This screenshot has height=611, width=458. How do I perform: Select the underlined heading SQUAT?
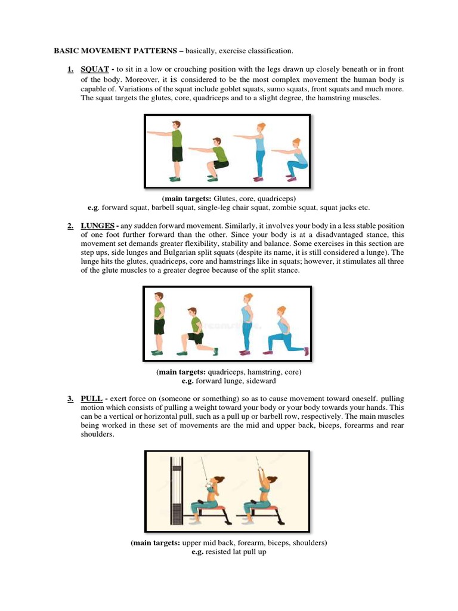pyautogui.click(x=94, y=70)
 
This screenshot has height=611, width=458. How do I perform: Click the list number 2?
pyautogui.click(x=70, y=226)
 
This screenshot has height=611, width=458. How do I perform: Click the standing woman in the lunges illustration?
pyautogui.click(x=246, y=323)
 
